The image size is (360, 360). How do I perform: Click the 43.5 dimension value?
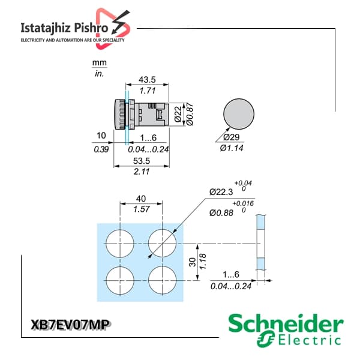[x=147, y=80]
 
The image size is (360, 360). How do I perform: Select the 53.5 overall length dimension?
[x=142, y=161]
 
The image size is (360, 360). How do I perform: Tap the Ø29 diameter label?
[x=232, y=137]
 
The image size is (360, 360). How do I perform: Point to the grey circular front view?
[x=239, y=114]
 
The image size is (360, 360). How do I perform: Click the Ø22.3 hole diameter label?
[x=221, y=192]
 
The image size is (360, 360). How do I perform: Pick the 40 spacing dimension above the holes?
[x=141, y=199]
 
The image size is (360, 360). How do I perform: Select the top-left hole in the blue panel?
[x=120, y=244]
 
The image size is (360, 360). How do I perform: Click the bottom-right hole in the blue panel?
[x=163, y=280]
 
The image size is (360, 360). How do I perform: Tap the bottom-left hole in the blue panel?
[x=120, y=280]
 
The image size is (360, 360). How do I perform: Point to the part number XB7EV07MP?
[x=70, y=325]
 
